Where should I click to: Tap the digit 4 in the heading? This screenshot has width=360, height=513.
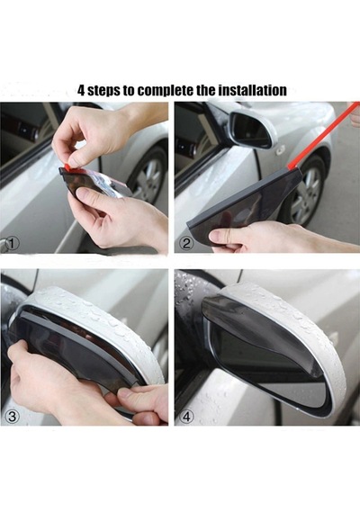coord(80,91)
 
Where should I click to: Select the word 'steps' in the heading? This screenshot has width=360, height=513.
coord(103,91)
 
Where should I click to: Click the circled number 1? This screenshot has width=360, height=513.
coord(12,243)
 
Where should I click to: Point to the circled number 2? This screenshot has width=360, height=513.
coord(186,244)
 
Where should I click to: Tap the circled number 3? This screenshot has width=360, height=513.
coord(12,417)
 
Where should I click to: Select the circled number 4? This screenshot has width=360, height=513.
coord(186,417)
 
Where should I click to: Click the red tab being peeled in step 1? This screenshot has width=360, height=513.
coord(68,166)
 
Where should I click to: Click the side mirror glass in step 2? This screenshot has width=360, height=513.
coord(249,127)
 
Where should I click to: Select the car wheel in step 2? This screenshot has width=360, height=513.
coord(306,192)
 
